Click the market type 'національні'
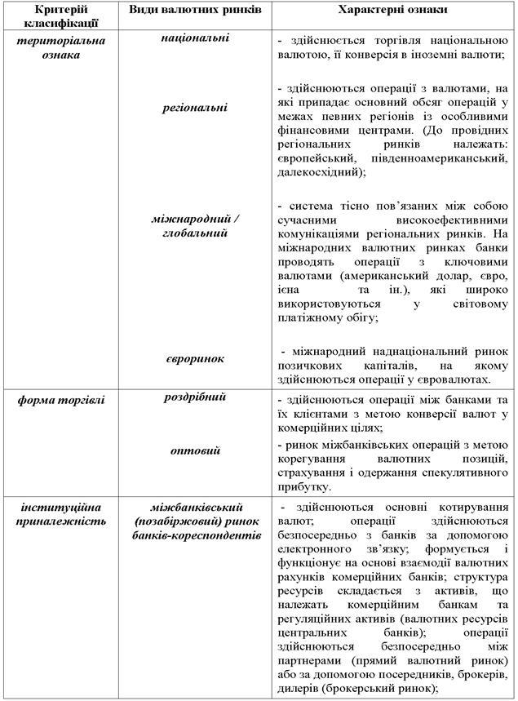195,38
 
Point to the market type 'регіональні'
195,107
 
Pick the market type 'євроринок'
195,358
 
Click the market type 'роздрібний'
195,397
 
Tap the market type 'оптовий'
195,450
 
